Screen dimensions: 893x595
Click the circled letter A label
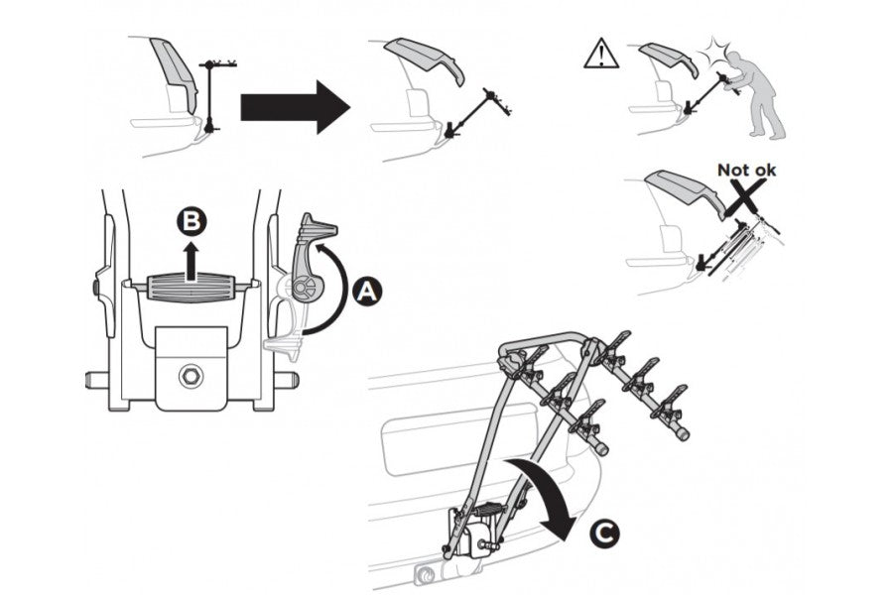click(x=367, y=292)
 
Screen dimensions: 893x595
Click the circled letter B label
click(x=191, y=222)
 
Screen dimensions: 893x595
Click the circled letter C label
click(x=603, y=534)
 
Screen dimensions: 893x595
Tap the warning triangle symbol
click(x=601, y=55)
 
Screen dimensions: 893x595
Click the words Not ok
click(x=746, y=170)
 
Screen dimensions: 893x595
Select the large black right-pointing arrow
click(x=295, y=107)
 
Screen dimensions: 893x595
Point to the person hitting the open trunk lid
click(x=753, y=94)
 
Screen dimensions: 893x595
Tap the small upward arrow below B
click(x=191, y=260)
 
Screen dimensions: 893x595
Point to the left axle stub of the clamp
click(x=97, y=379)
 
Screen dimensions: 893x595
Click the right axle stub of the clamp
click(x=287, y=380)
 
